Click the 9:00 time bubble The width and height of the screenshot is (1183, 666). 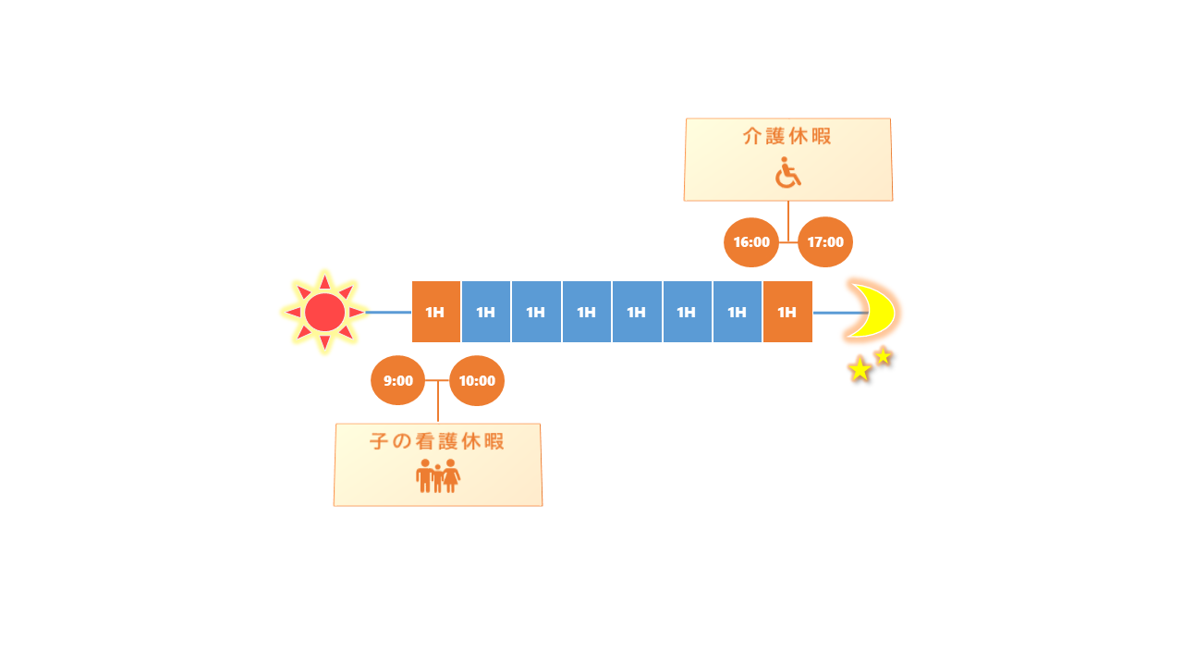(x=397, y=380)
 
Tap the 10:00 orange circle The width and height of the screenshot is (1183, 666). (x=477, y=380)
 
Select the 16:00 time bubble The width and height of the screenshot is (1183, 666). (x=751, y=242)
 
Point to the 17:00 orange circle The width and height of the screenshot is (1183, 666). (x=825, y=242)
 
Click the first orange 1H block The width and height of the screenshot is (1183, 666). (x=435, y=312)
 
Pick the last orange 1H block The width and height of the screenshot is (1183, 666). (x=787, y=312)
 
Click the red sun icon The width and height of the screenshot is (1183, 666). (x=324, y=312)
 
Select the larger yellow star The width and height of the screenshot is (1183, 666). (x=860, y=369)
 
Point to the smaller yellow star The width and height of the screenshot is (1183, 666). (x=883, y=356)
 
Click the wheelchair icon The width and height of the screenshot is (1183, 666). (x=788, y=172)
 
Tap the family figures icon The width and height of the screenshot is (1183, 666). (x=438, y=475)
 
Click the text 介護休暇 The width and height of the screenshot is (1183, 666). (x=787, y=136)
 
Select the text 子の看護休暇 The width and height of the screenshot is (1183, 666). (x=437, y=441)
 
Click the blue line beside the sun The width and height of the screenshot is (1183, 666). (x=388, y=313)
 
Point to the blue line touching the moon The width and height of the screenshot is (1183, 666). (x=841, y=313)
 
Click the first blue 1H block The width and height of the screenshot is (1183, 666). (x=486, y=312)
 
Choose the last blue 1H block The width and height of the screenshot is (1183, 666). (x=738, y=312)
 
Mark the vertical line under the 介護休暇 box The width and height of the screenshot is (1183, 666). (x=788, y=221)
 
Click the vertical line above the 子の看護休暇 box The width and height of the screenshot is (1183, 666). (x=438, y=401)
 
